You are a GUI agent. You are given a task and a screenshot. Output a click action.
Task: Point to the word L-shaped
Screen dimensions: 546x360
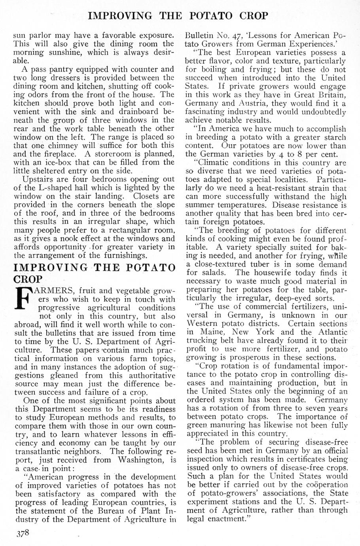click(53, 188)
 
